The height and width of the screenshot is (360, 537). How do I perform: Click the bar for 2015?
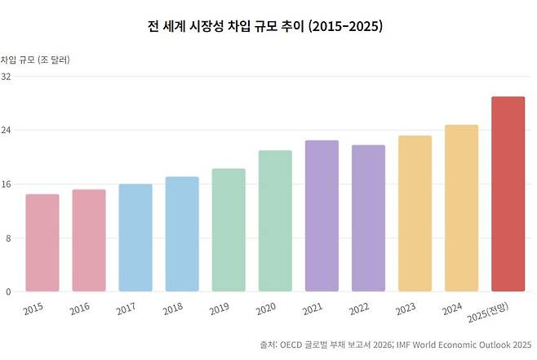click(42, 242)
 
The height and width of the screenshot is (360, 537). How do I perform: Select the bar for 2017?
click(135, 238)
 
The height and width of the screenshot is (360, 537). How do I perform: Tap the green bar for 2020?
click(275, 220)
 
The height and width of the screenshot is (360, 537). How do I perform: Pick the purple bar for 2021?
click(322, 216)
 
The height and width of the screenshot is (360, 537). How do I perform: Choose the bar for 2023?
click(415, 213)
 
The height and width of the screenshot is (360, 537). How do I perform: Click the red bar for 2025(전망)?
click(508, 193)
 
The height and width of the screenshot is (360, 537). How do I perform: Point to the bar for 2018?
click(182, 233)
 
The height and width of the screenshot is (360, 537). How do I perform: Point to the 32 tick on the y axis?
click(7, 77)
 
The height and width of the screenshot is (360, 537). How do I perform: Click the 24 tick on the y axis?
click(7, 131)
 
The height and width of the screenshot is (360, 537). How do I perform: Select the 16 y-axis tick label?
click(7, 184)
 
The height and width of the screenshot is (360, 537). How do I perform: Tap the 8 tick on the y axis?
click(7, 238)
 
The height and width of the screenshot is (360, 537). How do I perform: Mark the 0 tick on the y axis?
click(7, 291)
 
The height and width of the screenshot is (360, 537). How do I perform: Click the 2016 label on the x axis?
click(80, 309)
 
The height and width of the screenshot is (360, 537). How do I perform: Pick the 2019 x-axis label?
click(220, 309)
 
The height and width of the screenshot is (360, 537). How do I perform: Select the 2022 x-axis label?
click(359, 309)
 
